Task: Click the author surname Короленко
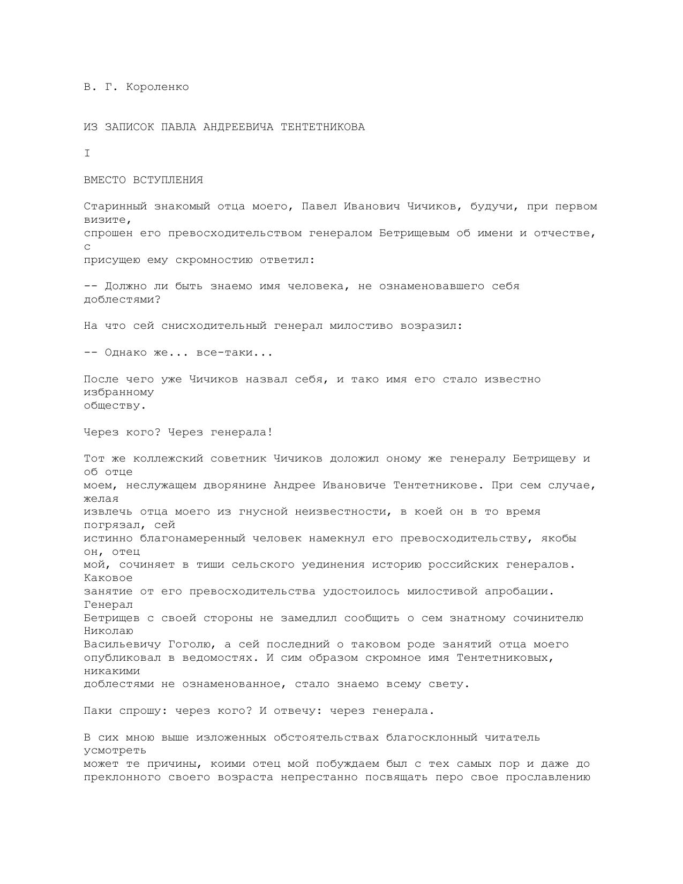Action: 157,87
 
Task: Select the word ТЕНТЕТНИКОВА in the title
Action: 322,127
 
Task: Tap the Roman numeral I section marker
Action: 87,154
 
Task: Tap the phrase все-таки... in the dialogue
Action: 235,353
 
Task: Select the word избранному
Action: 119,392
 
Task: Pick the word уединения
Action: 333,564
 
